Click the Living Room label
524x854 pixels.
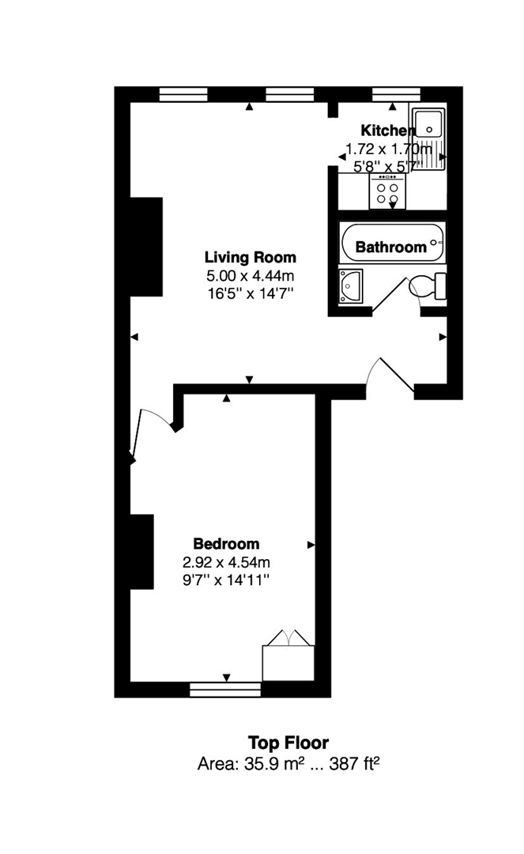[x=251, y=257]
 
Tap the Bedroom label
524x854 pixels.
[x=226, y=543]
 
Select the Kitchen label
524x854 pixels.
[x=388, y=130]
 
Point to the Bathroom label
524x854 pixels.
[x=390, y=248]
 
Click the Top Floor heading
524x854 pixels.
[x=288, y=743]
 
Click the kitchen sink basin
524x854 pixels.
[x=429, y=124]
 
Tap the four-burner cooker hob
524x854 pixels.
[x=387, y=191]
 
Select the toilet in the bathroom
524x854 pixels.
[x=427, y=285]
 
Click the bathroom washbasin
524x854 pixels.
[x=350, y=286]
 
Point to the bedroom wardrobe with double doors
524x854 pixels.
[x=288, y=656]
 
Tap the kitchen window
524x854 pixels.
[x=396, y=93]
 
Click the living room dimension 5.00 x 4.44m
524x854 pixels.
[x=251, y=276]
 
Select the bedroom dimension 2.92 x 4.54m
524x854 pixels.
[x=226, y=562]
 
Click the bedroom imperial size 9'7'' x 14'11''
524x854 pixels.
[x=226, y=580]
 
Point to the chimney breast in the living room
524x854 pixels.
[x=146, y=247]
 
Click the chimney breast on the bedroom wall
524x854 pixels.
[x=141, y=552]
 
